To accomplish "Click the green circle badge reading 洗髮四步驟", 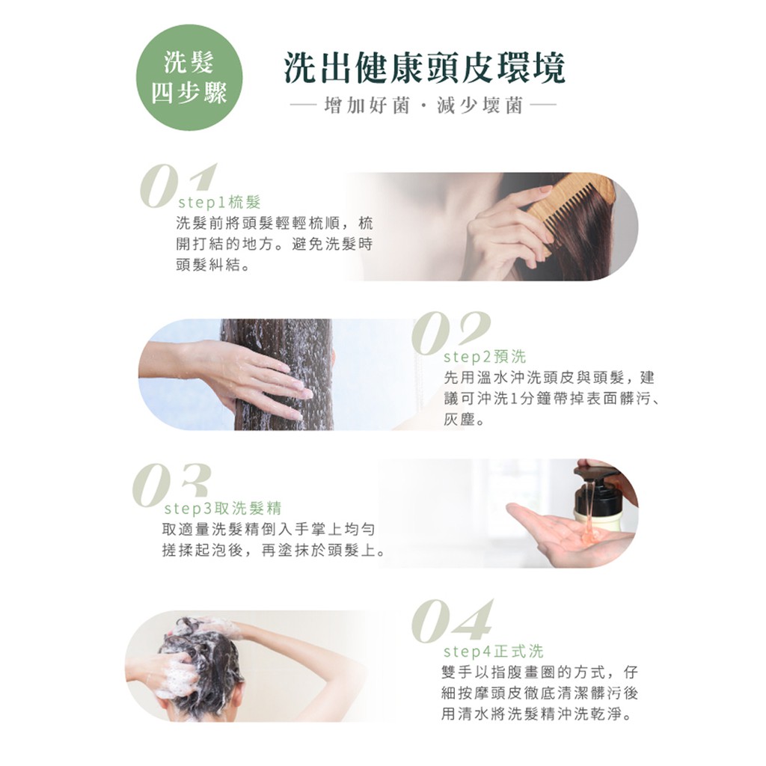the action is pyautogui.click(x=189, y=77).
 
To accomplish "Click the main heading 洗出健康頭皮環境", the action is pyautogui.click(x=425, y=67).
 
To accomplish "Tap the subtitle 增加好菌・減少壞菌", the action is pyautogui.click(x=423, y=105).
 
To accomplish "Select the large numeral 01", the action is pyautogui.click(x=177, y=186).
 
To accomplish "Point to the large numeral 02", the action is pyautogui.click(x=450, y=333).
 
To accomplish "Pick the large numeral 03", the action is pyautogui.click(x=171, y=485).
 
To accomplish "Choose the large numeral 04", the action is pyautogui.click(x=452, y=621).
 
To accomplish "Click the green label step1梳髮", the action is pyautogui.click(x=219, y=202).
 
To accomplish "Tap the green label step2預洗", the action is pyautogui.click(x=484, y=357).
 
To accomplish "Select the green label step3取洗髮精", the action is pyautogui.click(x=223, y=509).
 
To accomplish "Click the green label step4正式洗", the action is pyautogui.click(x=493, y=652).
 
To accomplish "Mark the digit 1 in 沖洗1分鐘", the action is pyautogui.click(x=513, y=399).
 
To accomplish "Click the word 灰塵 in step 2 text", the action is pyautogui.click(x=459, y=420).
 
